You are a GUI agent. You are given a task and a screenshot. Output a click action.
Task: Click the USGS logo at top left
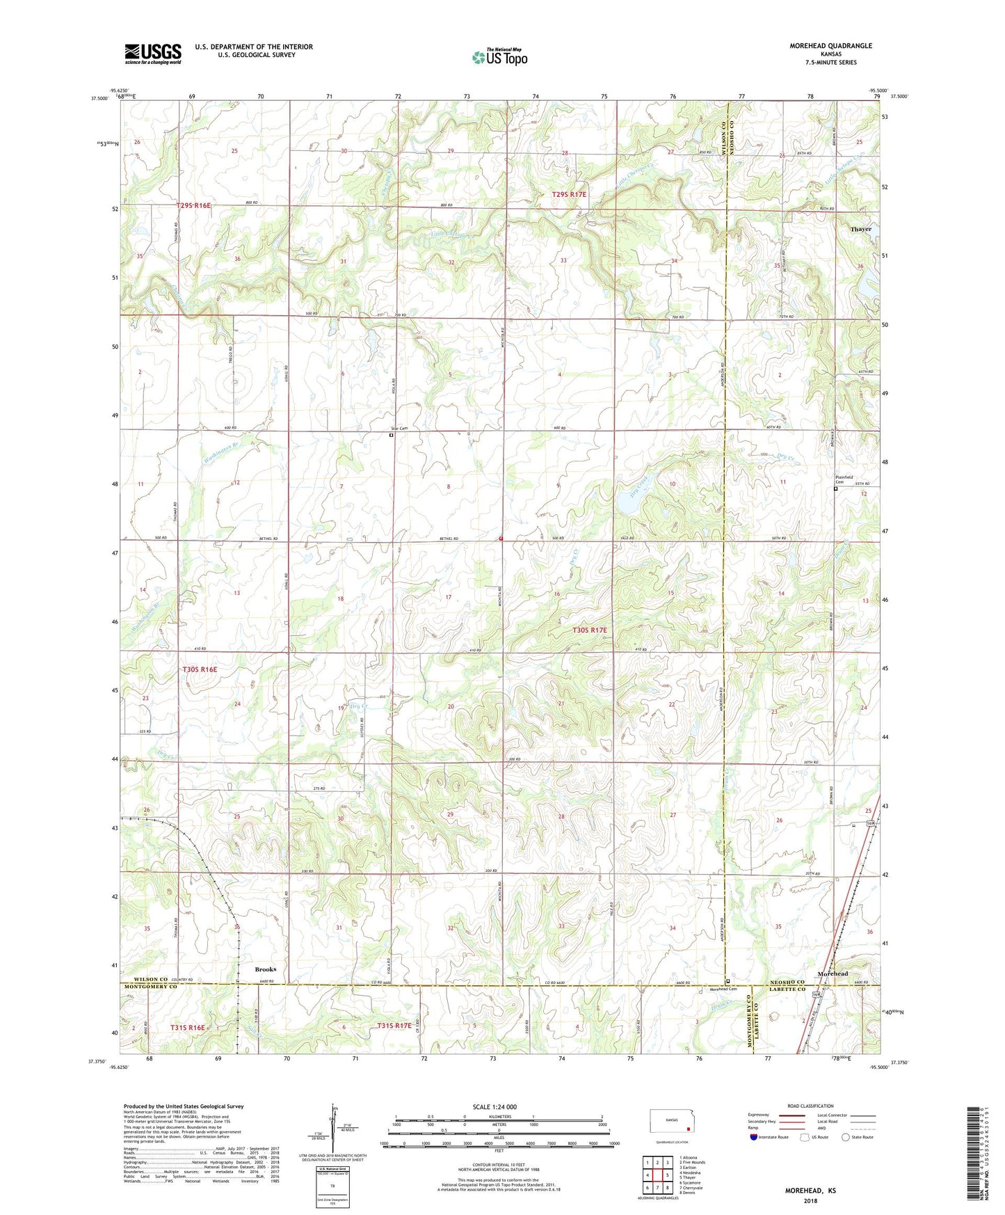point(153,54)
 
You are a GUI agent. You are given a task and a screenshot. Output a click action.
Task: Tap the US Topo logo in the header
point(499,57)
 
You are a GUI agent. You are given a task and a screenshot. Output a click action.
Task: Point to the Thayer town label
point(860,229)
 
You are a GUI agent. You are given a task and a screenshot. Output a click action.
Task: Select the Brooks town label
point(265,969)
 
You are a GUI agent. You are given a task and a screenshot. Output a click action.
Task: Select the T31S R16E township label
point(188,1027)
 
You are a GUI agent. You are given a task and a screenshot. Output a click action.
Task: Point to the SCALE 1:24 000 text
point(495,1106)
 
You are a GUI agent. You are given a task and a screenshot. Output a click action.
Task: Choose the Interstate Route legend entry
point(769,1137)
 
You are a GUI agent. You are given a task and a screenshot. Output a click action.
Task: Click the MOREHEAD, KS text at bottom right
point(810,1190)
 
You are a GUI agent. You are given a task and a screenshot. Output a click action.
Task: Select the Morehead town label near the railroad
point(833,973)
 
